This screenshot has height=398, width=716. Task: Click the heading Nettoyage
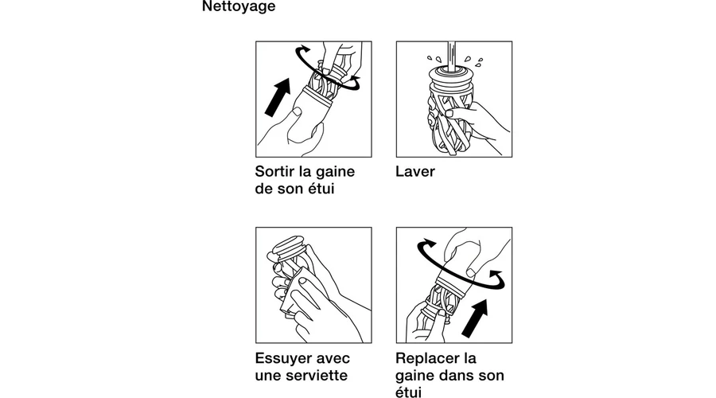[239, 6]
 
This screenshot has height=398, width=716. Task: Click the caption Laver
[415, 171]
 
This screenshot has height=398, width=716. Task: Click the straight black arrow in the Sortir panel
[278, 97]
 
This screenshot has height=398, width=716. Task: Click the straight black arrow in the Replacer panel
[475, 318]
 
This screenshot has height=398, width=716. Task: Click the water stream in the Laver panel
[452, 56]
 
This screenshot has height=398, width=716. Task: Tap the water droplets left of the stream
[434, 60]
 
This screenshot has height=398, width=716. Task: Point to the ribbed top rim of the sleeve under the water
[451, 79]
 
